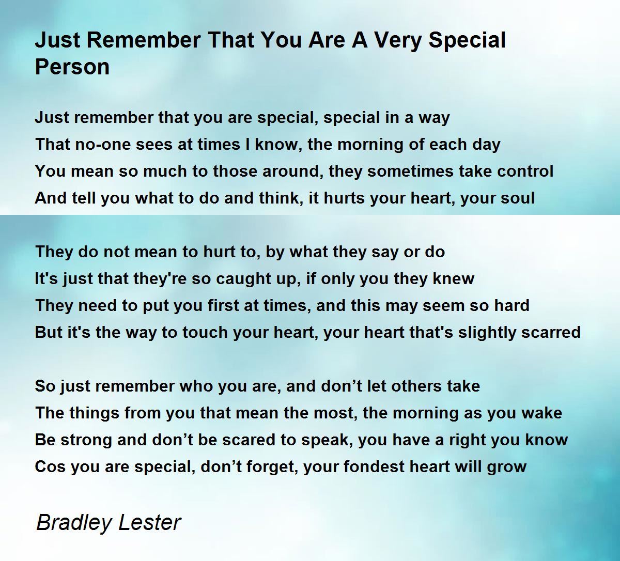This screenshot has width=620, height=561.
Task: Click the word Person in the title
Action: (72, 67)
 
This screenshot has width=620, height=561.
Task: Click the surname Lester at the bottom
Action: (150, 522)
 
